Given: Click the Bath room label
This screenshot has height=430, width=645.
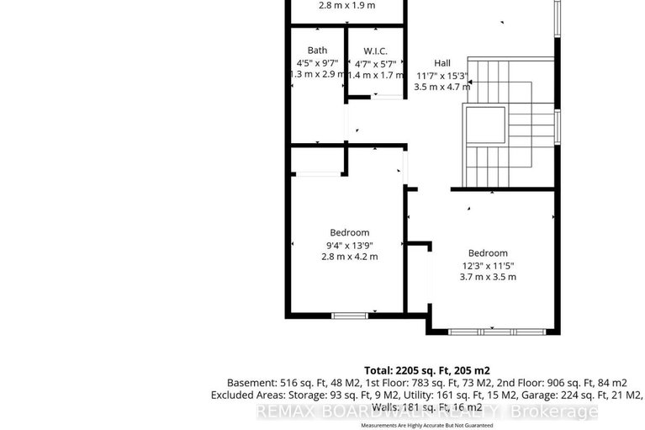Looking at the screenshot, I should [x=317, y=50].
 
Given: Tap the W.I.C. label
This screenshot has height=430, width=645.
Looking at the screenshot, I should [x=374, y=50].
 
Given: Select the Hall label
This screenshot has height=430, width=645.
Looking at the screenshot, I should [x=442, y=63].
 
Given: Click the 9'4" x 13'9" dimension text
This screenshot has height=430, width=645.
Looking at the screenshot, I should [x=349, y=245].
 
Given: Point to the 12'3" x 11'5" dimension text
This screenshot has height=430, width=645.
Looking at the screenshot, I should [x=488, y=265].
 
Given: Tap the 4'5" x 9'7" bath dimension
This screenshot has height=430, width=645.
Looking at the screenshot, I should [x=315, y=62].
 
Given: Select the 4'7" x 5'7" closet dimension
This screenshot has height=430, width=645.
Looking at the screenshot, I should [x=374, y=62].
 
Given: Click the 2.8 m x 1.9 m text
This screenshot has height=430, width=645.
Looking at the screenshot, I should [x=346, y=5].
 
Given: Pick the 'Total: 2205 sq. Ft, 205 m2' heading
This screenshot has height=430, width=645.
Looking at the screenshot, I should [x=426, y=369].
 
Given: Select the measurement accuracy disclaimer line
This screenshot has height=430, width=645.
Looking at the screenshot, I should [x=426, y=426].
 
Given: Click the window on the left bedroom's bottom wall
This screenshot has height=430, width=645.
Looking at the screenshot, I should [x=349, y=315].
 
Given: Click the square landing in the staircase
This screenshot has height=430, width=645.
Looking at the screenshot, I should [x=485, y=125].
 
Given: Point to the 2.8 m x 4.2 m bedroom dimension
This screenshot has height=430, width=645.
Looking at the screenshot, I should [x=349, y=257].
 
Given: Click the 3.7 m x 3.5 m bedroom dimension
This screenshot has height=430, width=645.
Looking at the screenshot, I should [x=488, y=277].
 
